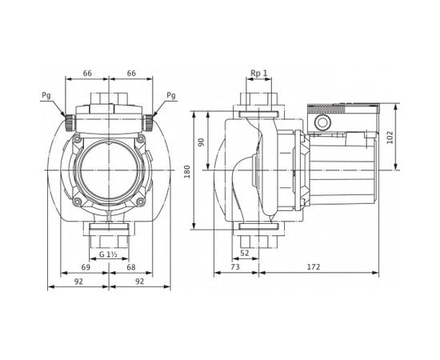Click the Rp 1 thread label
click(258, 73)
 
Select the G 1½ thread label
click(110, 254)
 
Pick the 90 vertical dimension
click(202, 142)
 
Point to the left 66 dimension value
click(87, 73)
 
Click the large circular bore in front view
click(110, 169)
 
